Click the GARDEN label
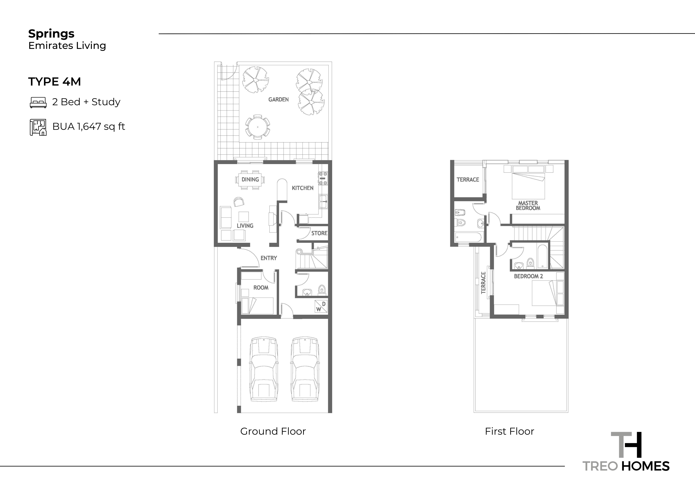point(278,100)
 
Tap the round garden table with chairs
point(258,127)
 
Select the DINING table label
point(250,179)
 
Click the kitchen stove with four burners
point(323,178)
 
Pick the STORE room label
point(319,233)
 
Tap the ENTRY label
point(269,258)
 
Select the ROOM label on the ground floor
point(261,288)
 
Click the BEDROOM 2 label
point(529,276)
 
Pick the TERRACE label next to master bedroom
point(468,180)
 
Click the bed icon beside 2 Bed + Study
point(38,103)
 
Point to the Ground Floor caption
point(273,431)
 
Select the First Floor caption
point(509,431)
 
